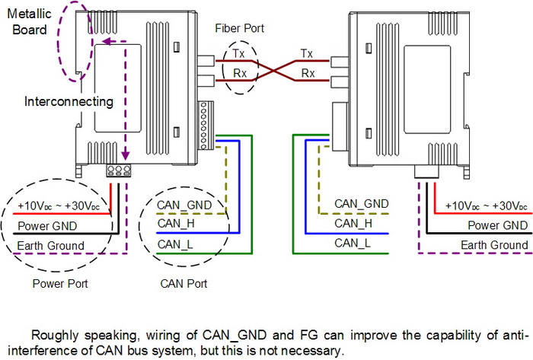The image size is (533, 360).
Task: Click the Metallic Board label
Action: coord(29,24)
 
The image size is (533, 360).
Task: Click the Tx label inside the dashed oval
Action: coord(238,55)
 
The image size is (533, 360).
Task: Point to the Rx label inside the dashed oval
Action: coord(238,74)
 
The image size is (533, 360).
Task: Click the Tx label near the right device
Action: coord(307,54)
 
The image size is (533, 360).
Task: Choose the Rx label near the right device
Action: coord(307,74)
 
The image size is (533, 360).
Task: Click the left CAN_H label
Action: coord(177,225)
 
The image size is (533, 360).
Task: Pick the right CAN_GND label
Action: coord(362,204)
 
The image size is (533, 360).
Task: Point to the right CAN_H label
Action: coord(353,224)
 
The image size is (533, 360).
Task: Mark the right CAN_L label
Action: coord(353,243)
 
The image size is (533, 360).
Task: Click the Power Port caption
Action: coord(61,284)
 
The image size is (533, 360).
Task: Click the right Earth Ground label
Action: coord(494,244)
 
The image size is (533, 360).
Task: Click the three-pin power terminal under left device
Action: coord(118,170)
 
